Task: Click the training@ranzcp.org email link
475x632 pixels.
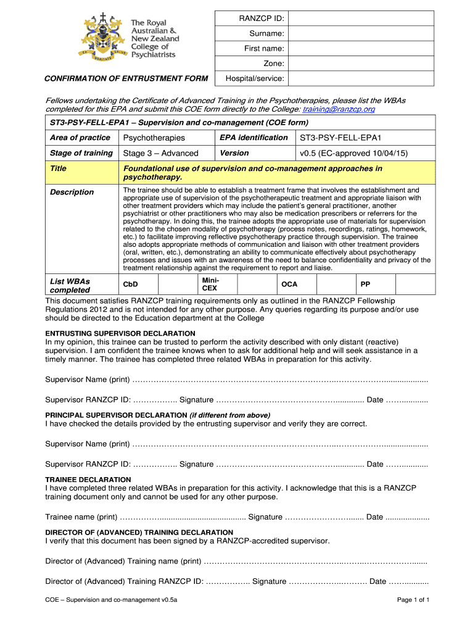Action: click(339, 109)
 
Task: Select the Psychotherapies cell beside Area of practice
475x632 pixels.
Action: click(154, 138)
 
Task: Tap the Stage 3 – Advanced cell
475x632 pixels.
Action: click(160, 153)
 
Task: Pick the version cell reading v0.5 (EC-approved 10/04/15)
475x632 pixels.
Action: click(353, 153)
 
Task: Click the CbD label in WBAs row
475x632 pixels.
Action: click(131, 285)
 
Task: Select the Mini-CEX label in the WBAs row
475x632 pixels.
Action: click(210, 284)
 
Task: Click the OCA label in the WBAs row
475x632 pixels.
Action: click(289, 285)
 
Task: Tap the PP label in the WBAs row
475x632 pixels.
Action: click(365, 285)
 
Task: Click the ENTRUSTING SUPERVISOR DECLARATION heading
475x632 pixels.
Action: click(120, 333)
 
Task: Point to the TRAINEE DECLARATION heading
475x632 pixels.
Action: click(88, 480)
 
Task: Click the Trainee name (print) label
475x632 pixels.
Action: click(81, 517)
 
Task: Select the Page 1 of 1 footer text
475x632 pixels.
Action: click(413, 600)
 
